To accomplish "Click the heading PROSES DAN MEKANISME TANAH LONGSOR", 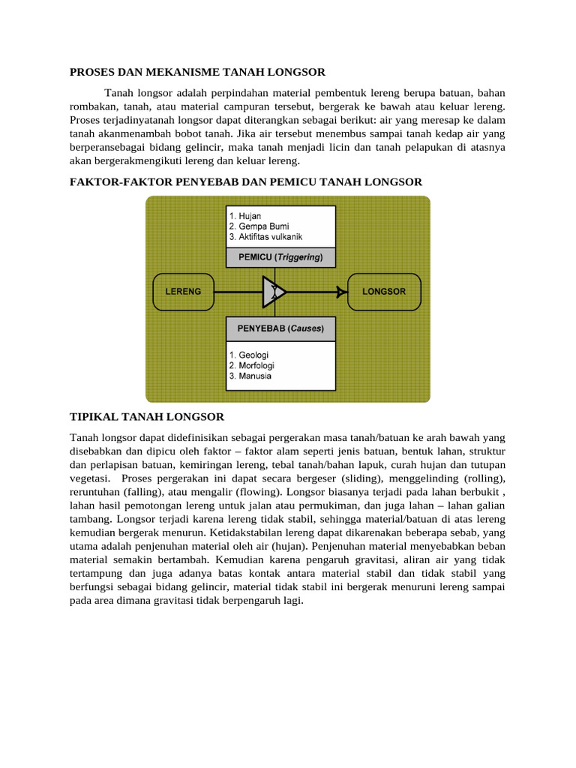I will [197, 72].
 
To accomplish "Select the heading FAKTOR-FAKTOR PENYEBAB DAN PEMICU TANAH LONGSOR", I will [246, 182].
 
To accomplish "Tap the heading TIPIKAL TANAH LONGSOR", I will [147, 416].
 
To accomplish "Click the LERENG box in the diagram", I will [183, 291].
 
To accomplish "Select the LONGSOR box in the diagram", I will [384, 291].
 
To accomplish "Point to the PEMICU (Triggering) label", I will [280, 257].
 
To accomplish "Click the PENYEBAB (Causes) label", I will [280, 328].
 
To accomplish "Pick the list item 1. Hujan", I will [246, 215].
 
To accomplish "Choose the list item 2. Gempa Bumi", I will [259, 226].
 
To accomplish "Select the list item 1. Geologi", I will [249, 355].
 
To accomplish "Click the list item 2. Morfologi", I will [253, 365].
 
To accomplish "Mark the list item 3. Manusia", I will [250, 376].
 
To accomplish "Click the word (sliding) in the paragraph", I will [385, 478].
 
